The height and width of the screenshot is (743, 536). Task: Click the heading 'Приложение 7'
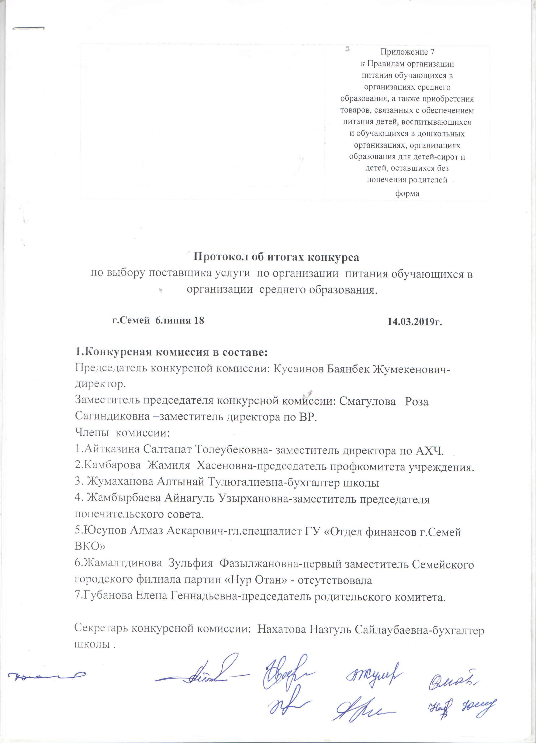(407, 52)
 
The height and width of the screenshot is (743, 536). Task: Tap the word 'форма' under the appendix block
(407, 193)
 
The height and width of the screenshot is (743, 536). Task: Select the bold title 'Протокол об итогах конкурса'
(276, 257)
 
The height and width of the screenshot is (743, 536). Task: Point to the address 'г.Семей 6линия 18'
(158, 320)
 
